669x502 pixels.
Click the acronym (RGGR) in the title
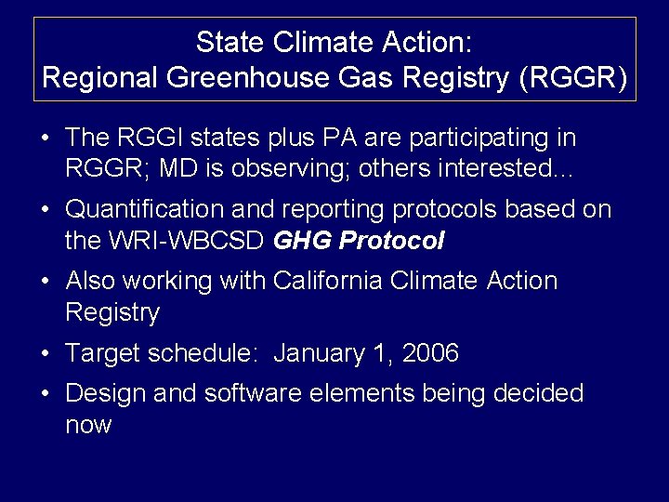(573, 76)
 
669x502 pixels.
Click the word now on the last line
(88, 427)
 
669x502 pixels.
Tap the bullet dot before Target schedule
(46, 354)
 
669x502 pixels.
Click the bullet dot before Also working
(46, 282)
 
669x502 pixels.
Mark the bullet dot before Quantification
(46, 210)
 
